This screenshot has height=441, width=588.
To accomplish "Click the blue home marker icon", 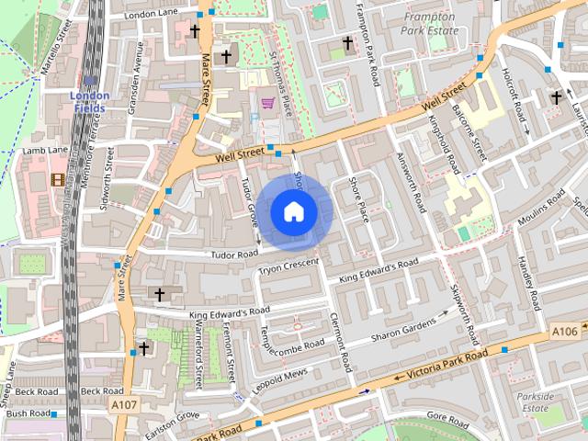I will [293, 212].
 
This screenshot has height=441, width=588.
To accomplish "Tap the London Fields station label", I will [90, 102].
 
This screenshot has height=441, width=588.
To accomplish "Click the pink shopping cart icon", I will [267, 104].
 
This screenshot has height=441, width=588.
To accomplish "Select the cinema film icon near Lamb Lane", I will [59, 180].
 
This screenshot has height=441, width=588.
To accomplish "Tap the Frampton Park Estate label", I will [430, 23].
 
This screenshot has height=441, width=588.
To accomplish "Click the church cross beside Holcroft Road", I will [556, 96].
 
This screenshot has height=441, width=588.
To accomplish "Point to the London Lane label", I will [153, 15].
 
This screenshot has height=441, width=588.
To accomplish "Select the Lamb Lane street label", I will [45, 150].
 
